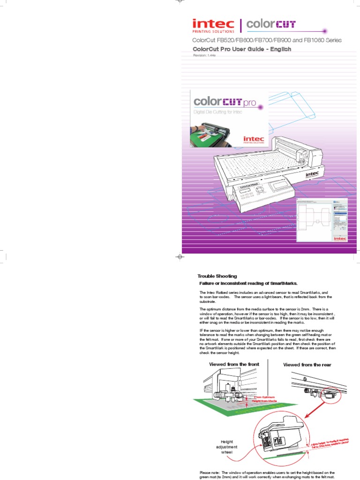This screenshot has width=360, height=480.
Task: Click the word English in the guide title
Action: pos(278,49)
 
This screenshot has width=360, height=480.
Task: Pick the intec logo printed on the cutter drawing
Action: pos(312,173)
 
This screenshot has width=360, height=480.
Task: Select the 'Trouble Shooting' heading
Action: pos(217,276)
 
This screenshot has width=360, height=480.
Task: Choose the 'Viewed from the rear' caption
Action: pos(307,364)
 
